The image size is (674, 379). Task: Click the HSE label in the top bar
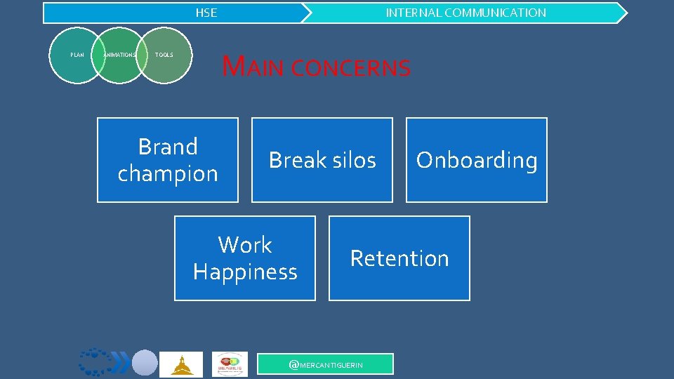click(x=206, y=13)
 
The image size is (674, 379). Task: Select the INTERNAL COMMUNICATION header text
click(x=465, y=13)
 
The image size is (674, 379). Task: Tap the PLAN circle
click(x=77, y=55)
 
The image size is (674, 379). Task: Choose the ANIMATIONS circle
click(x=119, y=55)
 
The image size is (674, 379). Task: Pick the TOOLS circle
click(x=164, y=55)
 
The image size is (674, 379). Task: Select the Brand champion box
click(x=167, y=160)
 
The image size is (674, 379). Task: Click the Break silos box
click(x=322, y=160)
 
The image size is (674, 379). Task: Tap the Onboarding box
click(x=476, y=160)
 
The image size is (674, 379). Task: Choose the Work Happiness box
click(x=244, y=258)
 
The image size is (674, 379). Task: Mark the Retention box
click(x=399, y=258)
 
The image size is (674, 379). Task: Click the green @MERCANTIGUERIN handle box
click(x=326, y=364)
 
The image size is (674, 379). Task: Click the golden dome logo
click(x=180, y=364)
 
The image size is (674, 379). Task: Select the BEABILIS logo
click(x=230, y=364)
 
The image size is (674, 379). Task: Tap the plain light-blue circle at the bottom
click(x=145, y=363)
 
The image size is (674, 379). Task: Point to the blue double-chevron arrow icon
click(x=121, y=364)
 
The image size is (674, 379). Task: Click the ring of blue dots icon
click(x=94, y=362)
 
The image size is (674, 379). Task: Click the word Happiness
click(x=245, y=272)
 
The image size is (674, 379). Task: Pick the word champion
click(x=168, y=173)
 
